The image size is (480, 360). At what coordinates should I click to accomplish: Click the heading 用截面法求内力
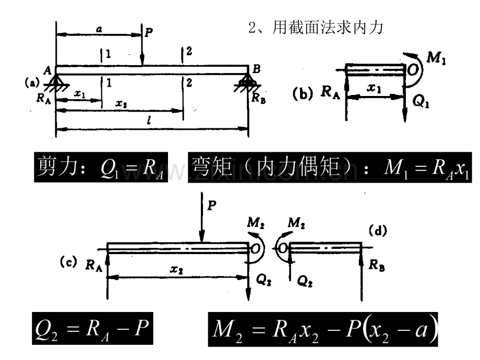pos(328,28)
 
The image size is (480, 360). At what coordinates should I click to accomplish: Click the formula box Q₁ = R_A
pos(101,167)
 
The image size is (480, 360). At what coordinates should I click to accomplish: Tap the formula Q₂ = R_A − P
pos(92,329)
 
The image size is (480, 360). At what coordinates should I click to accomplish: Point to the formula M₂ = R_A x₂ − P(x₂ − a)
pos(323,329)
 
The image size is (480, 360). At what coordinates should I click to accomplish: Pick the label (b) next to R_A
pos(303,94)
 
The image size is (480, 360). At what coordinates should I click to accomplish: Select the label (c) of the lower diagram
pos(68,262)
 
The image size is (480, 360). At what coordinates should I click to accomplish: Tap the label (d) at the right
pos(377,230)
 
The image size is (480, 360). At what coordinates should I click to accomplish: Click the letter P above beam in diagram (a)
pos(149,31)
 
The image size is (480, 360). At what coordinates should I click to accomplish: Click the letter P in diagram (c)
pos(212,205)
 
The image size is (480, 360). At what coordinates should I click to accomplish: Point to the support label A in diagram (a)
pos(47,71)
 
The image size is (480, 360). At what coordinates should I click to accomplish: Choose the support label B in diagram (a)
pos(256,69)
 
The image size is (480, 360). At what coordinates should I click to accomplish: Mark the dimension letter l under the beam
pos(149,121)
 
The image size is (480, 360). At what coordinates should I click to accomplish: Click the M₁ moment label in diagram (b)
pos(436,57)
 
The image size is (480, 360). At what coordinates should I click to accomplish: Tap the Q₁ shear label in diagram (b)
pos(421,101)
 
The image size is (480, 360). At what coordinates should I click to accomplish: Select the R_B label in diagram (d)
pos(377,265)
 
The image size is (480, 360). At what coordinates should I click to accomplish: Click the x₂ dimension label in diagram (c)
pos(177,270)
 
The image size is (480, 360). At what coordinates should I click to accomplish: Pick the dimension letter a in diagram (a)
pos(99,29)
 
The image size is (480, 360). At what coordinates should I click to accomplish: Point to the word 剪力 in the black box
pos(57,167)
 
